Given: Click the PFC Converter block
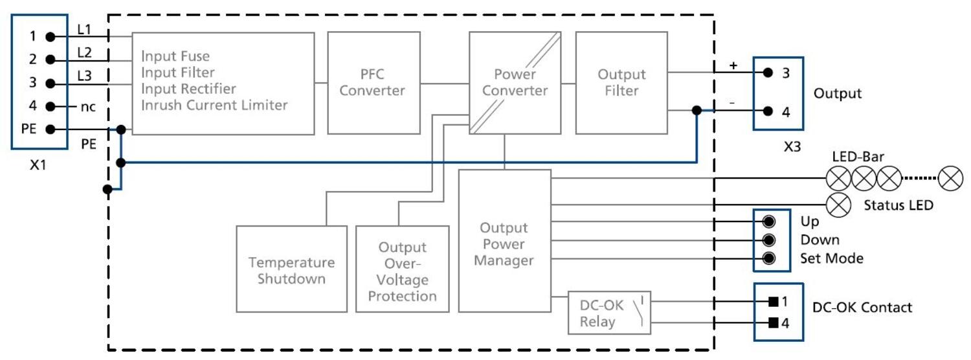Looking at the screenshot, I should (372, 82).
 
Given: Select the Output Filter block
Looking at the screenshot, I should (621, 82).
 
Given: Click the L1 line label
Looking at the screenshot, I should (85, 29).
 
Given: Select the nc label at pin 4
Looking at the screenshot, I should (87, 107).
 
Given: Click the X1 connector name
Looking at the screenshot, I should (38, 165).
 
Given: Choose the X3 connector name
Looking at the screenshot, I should (792, 146).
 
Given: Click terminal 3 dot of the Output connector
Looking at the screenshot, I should (768, 73).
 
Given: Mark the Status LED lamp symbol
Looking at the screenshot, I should (840, 204).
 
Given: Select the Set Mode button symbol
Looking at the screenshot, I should (769, 258).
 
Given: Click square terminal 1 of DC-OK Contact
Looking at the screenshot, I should (772, 302).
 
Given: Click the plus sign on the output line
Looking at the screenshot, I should (733, 65).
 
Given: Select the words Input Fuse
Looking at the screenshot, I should (175, 56).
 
